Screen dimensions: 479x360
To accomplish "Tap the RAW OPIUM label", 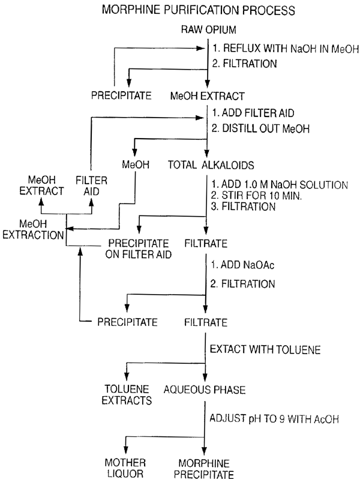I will tap(208, 29).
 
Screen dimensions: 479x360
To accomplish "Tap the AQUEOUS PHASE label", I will tap(207, 390).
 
